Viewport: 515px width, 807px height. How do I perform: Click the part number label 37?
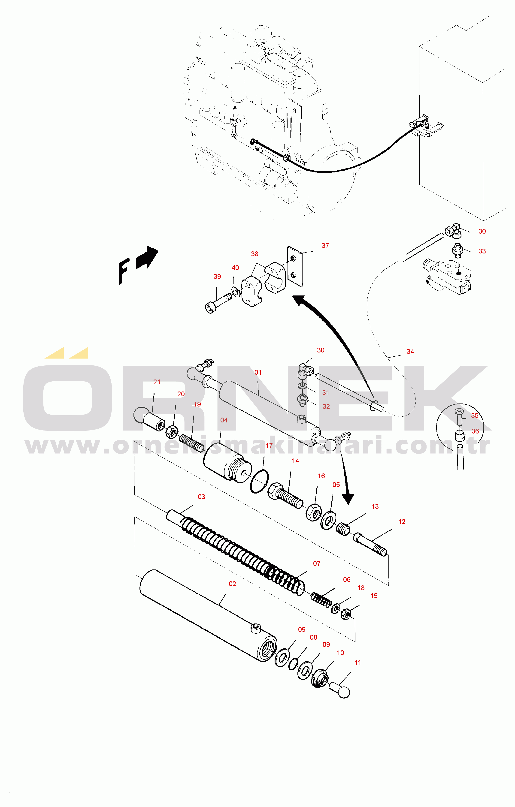click(x=325, y=246)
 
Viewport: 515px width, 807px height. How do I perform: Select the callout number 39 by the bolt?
click(x=217, y=277)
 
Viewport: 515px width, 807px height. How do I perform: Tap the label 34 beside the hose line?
click(x=410, y=352)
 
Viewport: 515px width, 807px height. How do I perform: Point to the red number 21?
click(x=157, y=382)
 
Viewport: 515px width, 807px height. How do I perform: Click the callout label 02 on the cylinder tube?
click(x=232, y=584)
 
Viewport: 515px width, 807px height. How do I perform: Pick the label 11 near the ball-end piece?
click(x=358, y=662)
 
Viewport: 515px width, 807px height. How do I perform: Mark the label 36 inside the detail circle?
click(x=475, y=431)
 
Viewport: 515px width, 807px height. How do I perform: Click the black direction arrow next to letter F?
click(x=147, y=258)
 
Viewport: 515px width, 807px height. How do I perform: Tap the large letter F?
click(x=124, y=271)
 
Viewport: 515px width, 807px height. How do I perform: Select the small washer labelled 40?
click(x=236, y=292)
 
